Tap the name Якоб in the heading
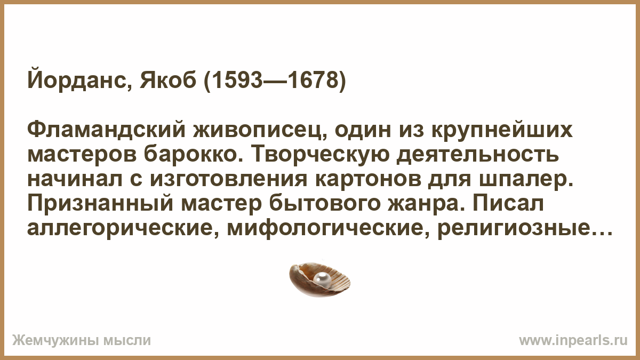168,81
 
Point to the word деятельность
478,156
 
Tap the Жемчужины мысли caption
82,341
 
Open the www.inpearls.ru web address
573,341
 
